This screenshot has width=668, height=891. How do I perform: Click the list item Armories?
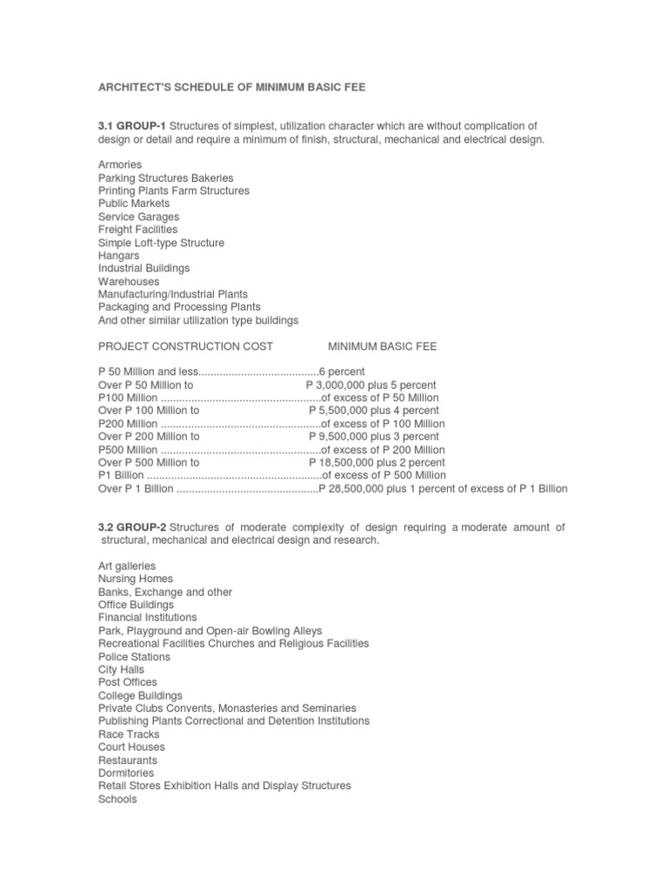(120, 164)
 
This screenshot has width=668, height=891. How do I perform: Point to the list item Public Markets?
(134, 204)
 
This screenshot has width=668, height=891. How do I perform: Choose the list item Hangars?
(119, 256)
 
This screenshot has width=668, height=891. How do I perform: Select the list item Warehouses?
(129, 282)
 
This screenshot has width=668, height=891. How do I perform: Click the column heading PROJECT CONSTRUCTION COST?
(185, 346)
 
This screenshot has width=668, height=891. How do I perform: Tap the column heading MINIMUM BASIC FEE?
(382, 346)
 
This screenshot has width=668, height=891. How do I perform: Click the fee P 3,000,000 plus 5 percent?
(371, 385)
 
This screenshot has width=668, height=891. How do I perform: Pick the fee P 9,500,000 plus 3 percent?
(374, 437)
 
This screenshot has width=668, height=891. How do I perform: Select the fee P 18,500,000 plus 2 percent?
(377, 463)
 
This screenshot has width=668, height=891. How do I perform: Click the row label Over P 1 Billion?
(136, 489)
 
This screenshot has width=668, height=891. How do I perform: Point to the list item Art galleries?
(127, 566)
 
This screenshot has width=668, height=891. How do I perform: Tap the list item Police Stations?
(134, 657)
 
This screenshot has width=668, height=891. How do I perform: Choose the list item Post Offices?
(127, 683)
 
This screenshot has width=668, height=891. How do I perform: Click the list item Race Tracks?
(129, 734)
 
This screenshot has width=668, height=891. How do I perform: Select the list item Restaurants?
(128, 760)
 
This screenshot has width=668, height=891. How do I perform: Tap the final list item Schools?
(117, 799)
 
